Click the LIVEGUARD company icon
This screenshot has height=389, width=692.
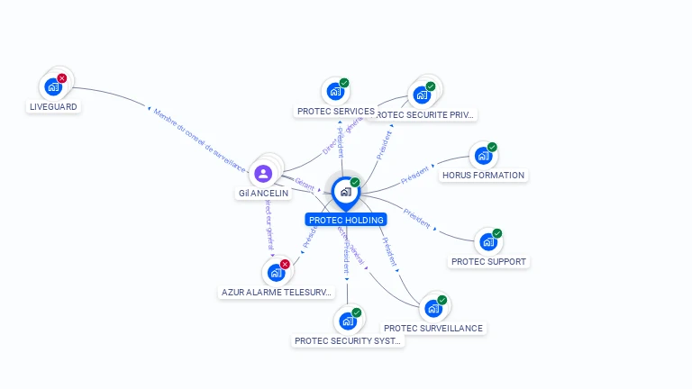(53, 87)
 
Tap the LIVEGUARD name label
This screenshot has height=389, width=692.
(54, 107)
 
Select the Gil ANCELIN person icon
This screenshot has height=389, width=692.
(263, 174)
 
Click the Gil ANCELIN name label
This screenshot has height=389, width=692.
(263, 194)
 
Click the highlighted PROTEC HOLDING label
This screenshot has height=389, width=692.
(346, 220)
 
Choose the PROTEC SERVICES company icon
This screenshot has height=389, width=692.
(335, 92)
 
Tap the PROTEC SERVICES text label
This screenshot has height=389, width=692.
(335, 112)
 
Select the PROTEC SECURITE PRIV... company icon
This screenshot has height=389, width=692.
(422, 95)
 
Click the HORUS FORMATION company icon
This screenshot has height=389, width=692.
(483, 156)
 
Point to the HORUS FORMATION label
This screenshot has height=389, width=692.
(483, 176)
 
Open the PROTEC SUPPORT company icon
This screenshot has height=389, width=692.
(487, 242)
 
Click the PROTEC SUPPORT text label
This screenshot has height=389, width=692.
(487, 262)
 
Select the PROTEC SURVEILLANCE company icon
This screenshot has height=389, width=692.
(433, 309)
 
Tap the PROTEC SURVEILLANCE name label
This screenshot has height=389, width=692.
(433, 329)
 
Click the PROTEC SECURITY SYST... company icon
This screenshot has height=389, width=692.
(347, 321)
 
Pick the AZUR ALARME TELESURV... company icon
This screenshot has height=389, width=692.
(276, 273)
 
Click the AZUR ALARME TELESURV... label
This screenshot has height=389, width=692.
(278, 293)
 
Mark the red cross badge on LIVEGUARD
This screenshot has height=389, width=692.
(62, 78)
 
